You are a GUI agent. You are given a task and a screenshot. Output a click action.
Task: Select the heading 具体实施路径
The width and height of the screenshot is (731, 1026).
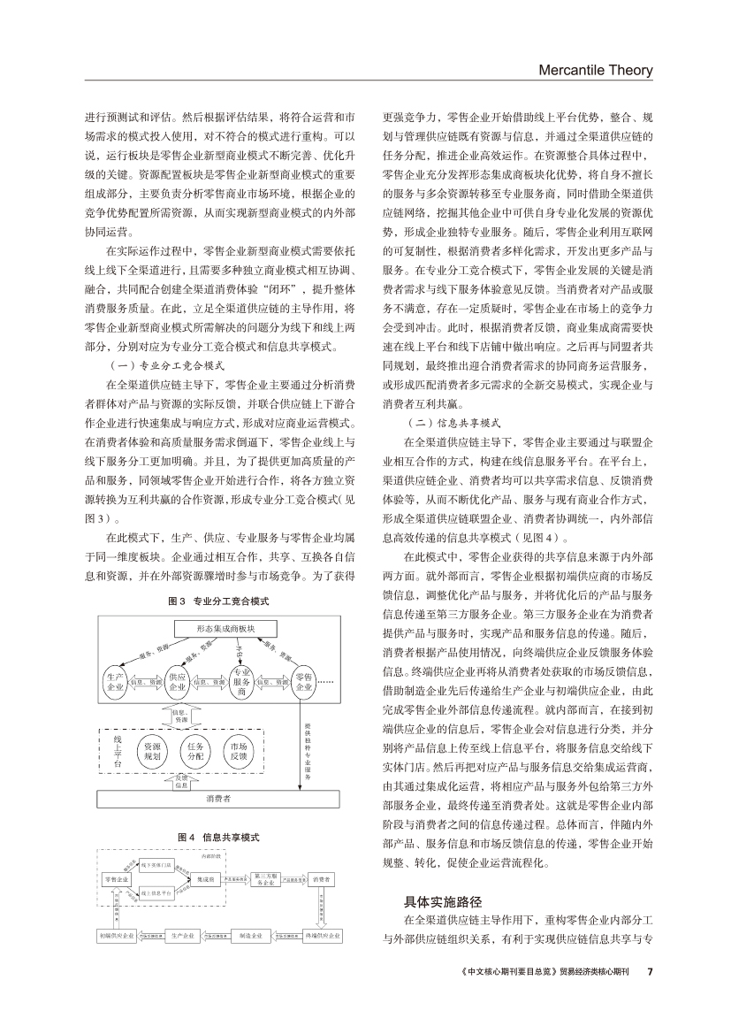(x=442, y=902)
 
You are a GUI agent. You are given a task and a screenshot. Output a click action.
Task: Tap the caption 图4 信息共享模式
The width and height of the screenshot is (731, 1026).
(x=218, y=836)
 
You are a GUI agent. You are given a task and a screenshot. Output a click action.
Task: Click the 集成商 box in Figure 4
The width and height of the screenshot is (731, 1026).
(x=205, y=879)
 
